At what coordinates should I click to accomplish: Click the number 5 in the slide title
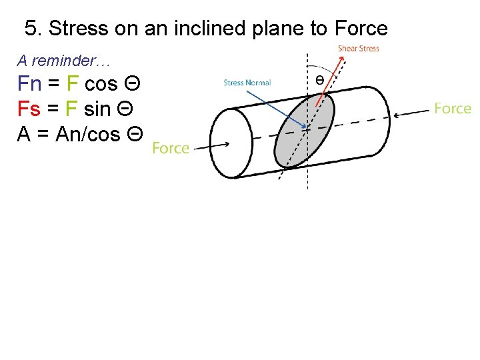pos(30,29)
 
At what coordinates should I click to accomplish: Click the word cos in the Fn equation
pos(101,84)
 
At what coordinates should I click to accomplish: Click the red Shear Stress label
pos(359,48)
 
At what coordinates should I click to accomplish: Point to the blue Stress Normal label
pos(247,83)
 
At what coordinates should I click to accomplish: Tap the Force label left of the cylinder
pos(171,148)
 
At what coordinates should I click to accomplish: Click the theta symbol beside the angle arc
pos(320,79)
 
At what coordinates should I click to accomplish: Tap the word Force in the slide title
pos(361,29)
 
